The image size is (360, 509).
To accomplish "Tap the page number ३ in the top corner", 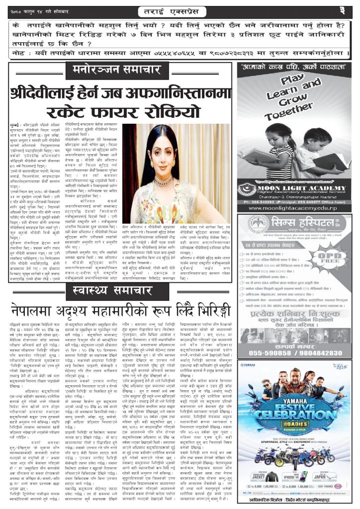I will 349,10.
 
